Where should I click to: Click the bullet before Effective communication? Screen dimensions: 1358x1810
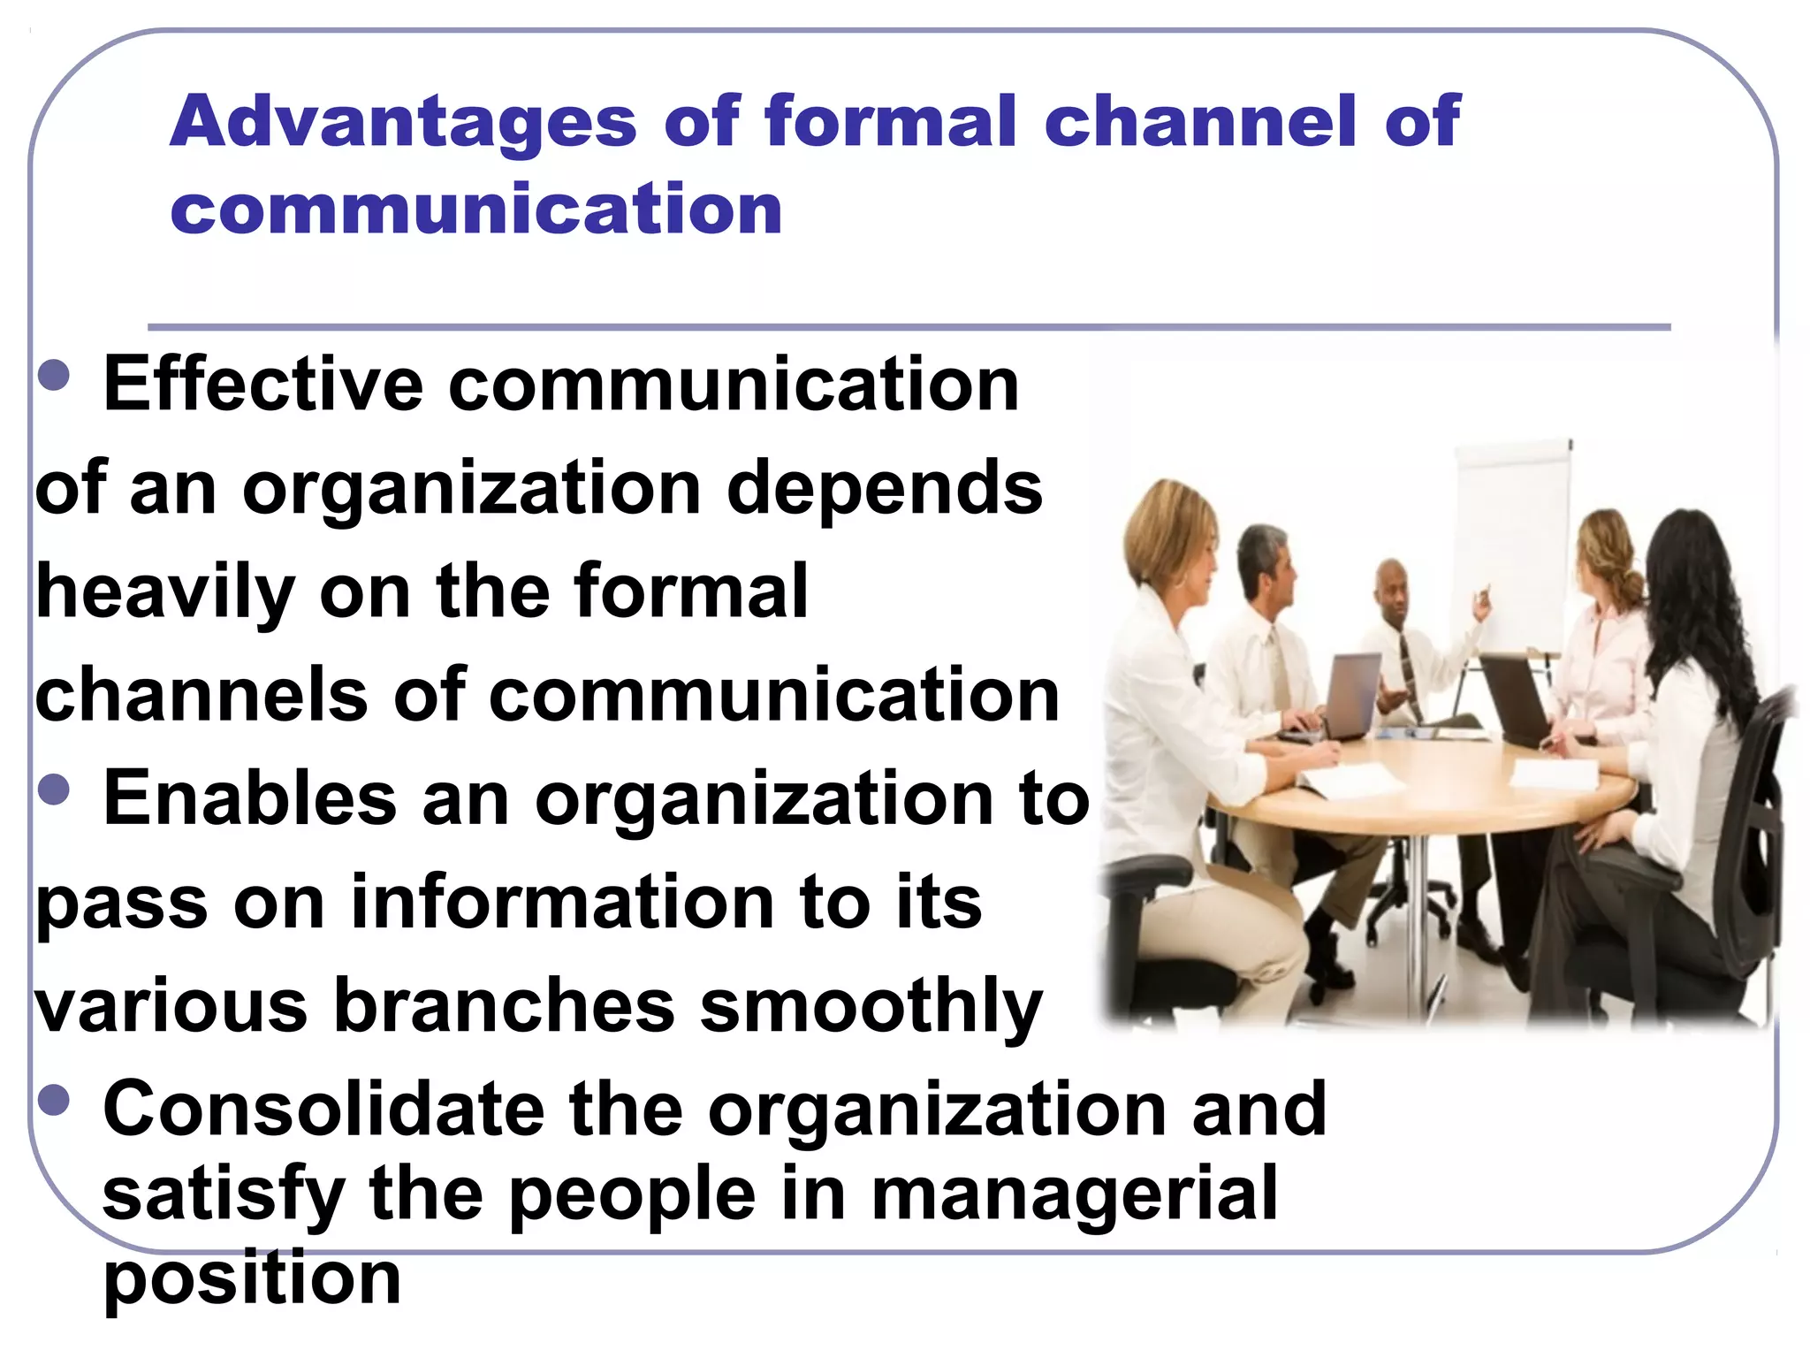coord(55,375)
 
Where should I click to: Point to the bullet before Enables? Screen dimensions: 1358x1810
coord(55,789)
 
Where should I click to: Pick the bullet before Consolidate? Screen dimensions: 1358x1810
coord(55,1100)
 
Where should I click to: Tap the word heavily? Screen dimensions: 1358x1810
coord(164,592)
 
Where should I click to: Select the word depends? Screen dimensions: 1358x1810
coord(884,488)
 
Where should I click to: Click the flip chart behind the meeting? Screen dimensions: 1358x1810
coord(1513,539)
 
